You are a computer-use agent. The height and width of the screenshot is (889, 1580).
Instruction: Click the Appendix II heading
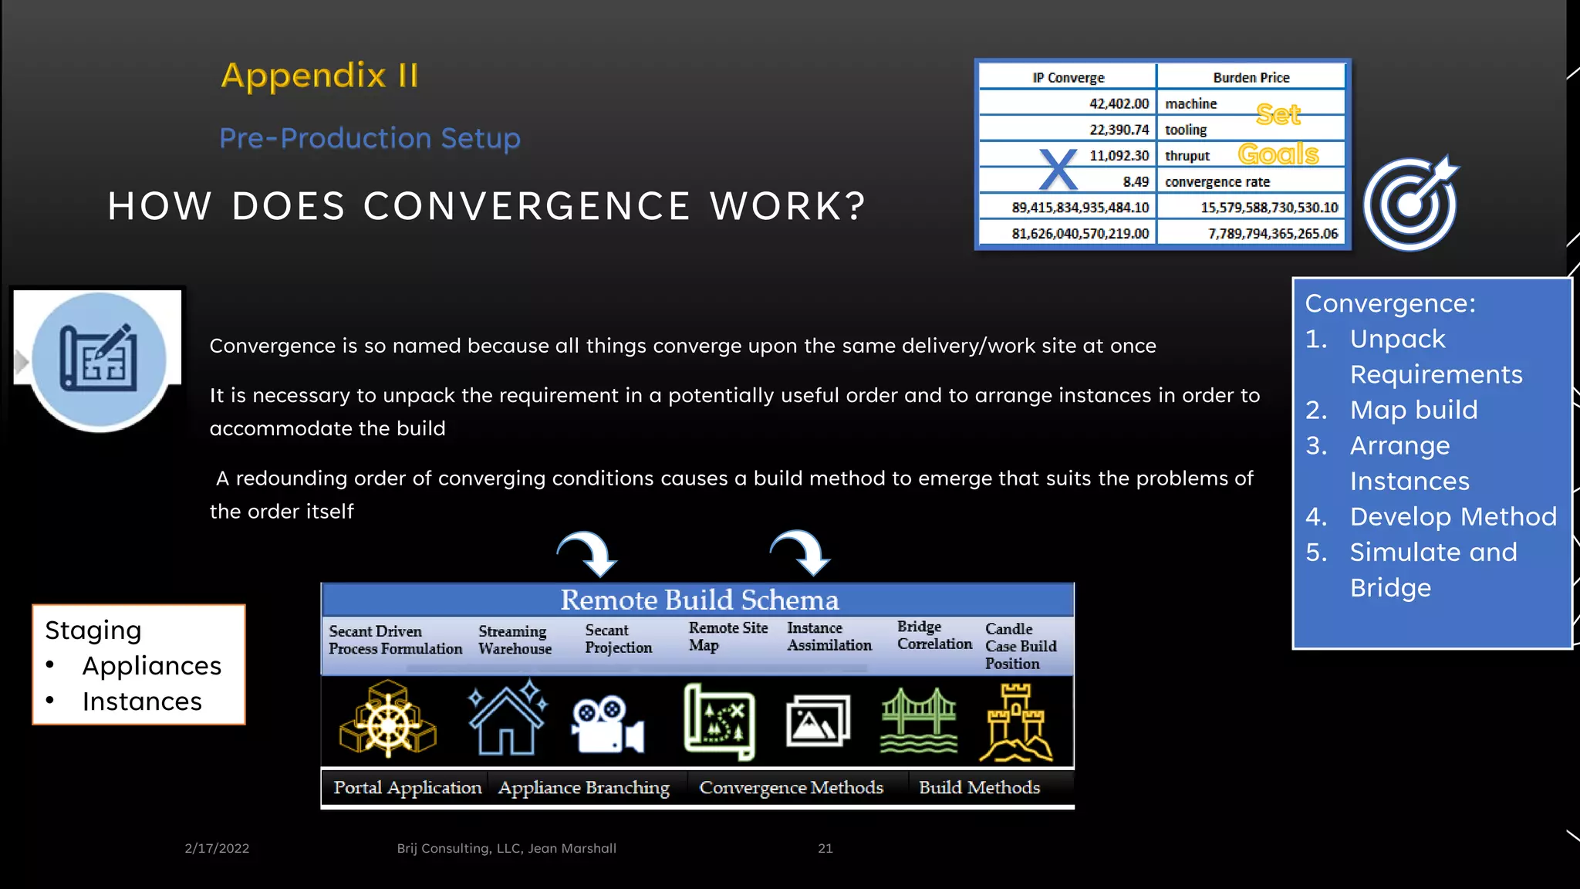click(x=319, y=76)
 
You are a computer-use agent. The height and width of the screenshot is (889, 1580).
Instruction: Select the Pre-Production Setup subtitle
click(x=370, y=138)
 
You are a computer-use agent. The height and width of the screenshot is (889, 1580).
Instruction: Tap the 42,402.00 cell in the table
click(x=1118, y=103)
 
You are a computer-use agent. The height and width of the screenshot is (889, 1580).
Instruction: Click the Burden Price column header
click(x=1251, y=77)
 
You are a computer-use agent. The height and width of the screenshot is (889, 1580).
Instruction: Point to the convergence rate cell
click(x=1217, y=182)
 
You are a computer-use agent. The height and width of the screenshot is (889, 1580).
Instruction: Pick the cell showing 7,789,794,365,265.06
click(x=1272, y=233)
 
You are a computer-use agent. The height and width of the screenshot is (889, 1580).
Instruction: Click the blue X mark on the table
click(x=1058, y=169)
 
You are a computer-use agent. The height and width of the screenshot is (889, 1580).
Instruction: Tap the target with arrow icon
click(x=1411, y=204)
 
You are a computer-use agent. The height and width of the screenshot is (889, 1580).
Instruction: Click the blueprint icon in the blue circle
click(x=99, y=359)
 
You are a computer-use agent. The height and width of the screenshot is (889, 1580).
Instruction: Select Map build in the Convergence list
click(x=1413, y=410)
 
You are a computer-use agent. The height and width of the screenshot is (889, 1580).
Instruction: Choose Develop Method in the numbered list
click(x=1453, y=516)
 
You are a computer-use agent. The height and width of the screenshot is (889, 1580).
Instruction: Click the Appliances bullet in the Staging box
click(x=151, y=666)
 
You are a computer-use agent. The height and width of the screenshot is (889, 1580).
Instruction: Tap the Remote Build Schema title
click(x=699, y=600)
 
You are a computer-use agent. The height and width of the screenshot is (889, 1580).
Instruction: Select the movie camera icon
click(x=607, y=724)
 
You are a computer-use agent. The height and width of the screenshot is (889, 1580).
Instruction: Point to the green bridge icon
click(x=919, y=721)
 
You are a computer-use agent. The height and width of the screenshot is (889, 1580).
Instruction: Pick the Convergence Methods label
click(x=791, y=787)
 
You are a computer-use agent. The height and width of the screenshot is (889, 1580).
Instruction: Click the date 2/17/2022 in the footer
click(x=217, y=848)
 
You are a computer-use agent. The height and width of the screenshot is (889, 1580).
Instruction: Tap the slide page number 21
click(x=825, y=848)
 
